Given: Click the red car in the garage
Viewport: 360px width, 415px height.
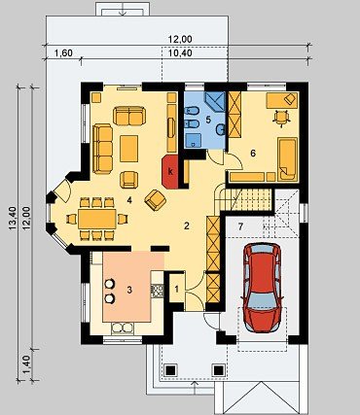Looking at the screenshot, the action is (263, 288).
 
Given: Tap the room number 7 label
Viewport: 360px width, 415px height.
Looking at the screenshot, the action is (240, 227).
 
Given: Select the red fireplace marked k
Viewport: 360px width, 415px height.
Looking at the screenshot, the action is (170, 172).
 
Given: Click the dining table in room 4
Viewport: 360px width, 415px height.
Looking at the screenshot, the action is (97, 219).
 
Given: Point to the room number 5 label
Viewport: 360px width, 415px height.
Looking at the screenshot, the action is (208, 120).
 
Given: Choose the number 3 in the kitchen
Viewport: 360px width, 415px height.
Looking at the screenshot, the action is (129, 290).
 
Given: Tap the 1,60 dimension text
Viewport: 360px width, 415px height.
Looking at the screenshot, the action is (63, 52).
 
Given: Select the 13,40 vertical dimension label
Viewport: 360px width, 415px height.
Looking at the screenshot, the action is (13, 219).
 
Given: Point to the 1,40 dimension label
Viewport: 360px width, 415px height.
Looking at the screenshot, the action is (27, 364).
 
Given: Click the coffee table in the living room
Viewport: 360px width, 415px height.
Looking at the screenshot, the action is (128, 149).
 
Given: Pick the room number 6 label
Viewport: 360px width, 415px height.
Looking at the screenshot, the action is (253, 154).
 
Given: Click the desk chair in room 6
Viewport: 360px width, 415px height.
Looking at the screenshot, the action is (281, 118).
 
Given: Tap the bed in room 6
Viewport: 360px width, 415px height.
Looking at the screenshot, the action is (287, 158).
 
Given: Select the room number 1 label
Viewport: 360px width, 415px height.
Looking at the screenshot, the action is (177, 290).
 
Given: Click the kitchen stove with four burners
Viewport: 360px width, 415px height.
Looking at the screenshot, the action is (158, 291).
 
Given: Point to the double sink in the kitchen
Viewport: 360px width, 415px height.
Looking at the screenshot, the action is (123, 328).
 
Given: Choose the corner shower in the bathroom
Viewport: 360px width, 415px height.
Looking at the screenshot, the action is (215, 101).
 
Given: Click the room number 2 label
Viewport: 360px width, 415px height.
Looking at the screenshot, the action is (186, 225).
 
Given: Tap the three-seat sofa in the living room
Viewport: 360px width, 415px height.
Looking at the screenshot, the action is (102, 149).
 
